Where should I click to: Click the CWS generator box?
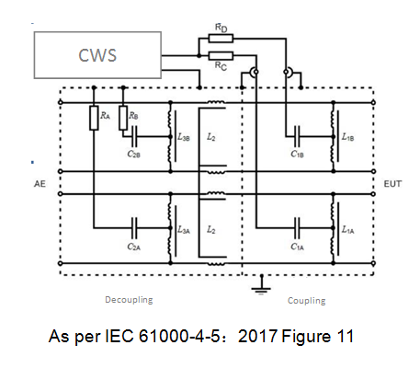(97, 55)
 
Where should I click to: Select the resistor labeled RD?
(221, 39)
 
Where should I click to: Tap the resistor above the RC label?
(221, 56)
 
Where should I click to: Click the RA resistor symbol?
(94, 118)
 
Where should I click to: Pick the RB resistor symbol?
(123, 118)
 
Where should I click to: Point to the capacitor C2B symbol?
(134, 136)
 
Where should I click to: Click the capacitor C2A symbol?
(134, 228)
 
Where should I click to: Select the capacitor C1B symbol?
(297, 136)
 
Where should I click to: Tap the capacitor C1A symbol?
(297, 228)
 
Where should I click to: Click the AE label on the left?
(40, 184)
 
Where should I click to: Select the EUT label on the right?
(392, 184)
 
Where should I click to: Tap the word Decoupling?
(129, 300)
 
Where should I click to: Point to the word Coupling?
(307, 301)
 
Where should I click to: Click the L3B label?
(184, 137)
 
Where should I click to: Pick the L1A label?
(348, 229)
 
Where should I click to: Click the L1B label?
(348, 137)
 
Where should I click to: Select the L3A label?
(184, 229)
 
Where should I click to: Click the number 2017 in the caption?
(258, 336)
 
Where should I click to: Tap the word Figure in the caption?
(306, 337)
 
